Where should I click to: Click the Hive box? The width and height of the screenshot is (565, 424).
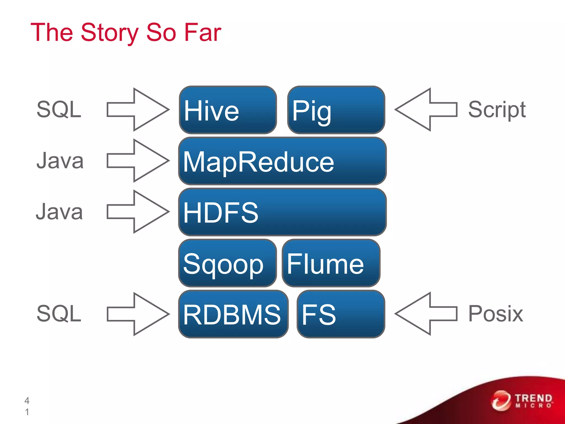228,110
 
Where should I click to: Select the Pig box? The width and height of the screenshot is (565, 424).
336,110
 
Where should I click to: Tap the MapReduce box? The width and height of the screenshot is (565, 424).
282,161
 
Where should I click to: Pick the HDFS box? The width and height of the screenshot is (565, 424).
282,212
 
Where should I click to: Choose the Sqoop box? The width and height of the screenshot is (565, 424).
228,263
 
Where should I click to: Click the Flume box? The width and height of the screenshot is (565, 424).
331,263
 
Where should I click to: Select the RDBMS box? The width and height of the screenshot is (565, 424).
233,314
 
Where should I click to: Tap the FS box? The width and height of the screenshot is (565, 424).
341,314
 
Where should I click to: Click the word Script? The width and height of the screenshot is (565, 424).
497,110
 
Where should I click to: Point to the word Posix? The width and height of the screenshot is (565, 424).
495,314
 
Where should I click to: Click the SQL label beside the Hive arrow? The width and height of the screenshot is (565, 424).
59,110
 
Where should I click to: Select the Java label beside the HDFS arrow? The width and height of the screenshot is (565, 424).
59,212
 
